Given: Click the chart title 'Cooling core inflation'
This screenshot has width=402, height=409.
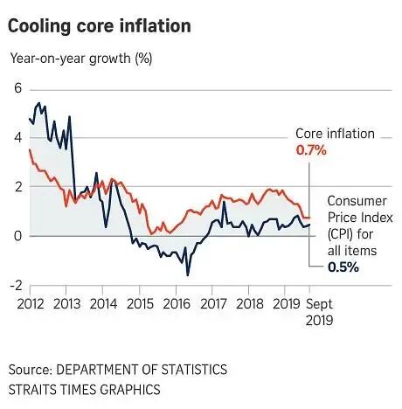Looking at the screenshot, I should coord(100,25).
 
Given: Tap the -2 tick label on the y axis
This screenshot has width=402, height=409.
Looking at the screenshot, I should coord(14,285).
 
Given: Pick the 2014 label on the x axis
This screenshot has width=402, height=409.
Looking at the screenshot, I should coord(103,303).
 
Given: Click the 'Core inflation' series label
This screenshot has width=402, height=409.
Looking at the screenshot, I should coord(335,134).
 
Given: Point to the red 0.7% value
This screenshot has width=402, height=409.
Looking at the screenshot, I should coord(310,150).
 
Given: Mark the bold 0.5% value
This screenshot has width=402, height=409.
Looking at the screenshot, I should coord(343,267).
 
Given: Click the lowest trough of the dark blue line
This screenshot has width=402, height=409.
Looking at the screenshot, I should coord(188,275).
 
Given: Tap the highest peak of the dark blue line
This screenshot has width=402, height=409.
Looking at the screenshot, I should coord(37,103).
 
